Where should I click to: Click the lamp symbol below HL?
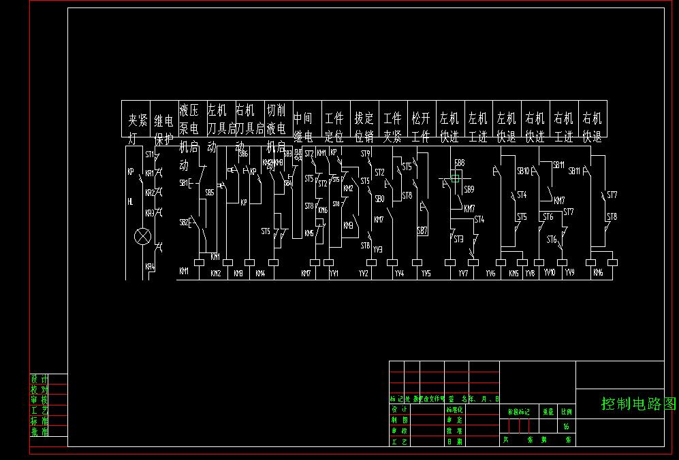142,237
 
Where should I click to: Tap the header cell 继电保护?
163,122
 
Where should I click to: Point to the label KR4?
150,267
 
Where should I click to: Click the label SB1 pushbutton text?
183,183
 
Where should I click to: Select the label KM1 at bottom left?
184,272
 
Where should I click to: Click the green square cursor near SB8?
456,176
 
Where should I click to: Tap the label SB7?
422,231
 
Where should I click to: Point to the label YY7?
463,274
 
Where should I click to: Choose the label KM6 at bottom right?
598,273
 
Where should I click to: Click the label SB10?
523,171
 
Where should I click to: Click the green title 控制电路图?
639,404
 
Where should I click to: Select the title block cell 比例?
567,412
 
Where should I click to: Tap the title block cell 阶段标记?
519,412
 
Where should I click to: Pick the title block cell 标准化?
454,410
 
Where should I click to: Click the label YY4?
399,274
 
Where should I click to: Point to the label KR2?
150,193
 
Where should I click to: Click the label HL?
130,201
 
